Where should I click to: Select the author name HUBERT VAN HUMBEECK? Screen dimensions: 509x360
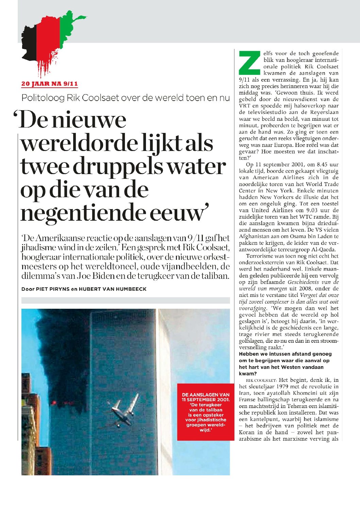coord(113,289)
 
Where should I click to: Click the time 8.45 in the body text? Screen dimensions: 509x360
coord(320,165)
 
